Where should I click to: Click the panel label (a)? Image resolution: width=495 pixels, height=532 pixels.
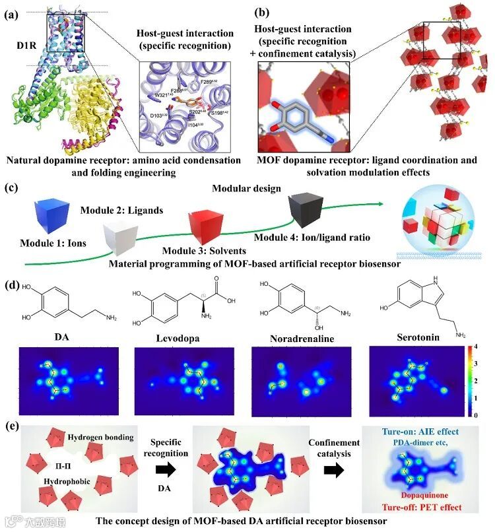pyautogui.click(x=11, y=13)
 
